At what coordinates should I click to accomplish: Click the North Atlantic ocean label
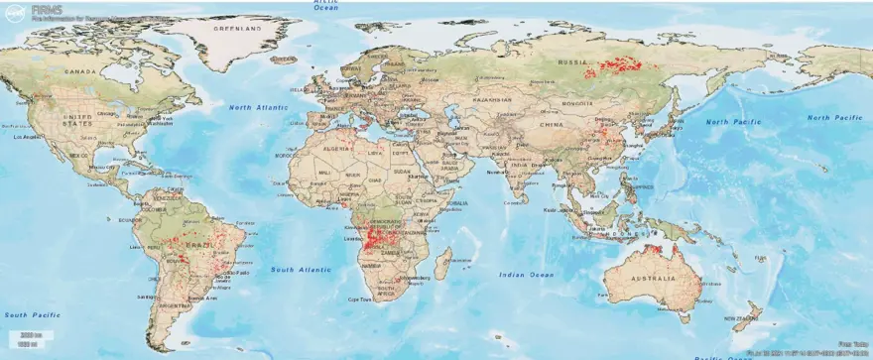pos(256,106)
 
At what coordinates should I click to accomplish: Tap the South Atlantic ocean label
pos(301,269)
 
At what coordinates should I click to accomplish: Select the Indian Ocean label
pos(526,273)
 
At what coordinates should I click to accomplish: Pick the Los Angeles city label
pos(25,136)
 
